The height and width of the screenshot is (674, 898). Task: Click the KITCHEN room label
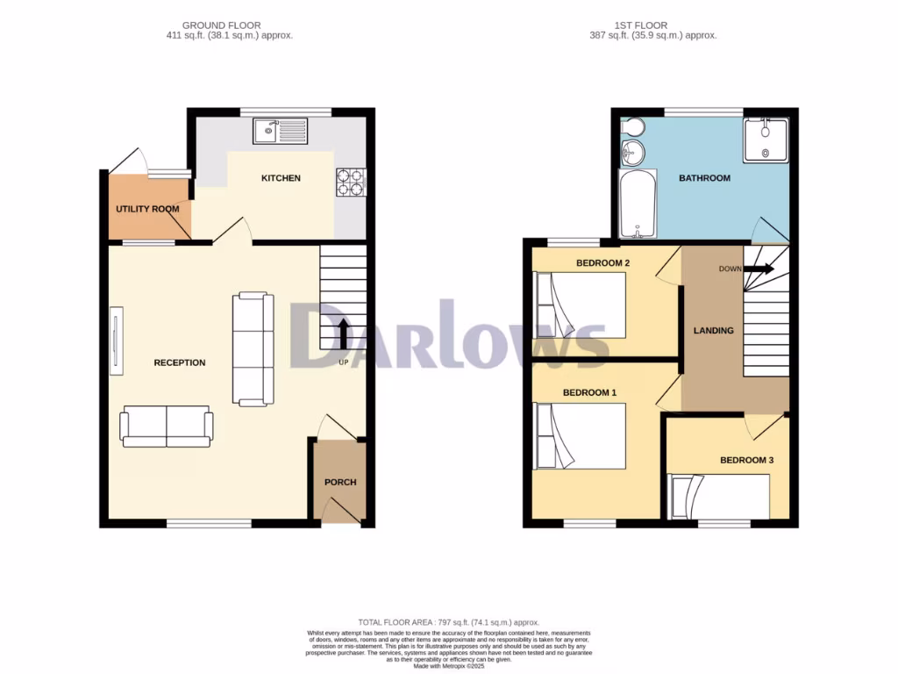coord(281,178)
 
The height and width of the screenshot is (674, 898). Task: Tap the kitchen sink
coord(281,132)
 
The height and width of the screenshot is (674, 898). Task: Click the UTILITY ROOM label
coord(147,209)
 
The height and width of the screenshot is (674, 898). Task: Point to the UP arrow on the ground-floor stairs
coord(343,333)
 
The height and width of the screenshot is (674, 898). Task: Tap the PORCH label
coord(340,482)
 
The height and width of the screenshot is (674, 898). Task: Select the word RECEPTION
coord(180,362)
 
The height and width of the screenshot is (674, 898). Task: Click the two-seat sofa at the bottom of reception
coord(167,427)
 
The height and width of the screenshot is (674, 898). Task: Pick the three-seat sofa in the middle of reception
coord(253,349)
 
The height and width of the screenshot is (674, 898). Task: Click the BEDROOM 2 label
coord(602,263)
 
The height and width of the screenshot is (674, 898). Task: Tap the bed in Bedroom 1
coord(581,436)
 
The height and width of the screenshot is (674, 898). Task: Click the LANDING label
coord(713,331)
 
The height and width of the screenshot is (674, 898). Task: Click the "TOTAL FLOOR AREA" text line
coord(448,621)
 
